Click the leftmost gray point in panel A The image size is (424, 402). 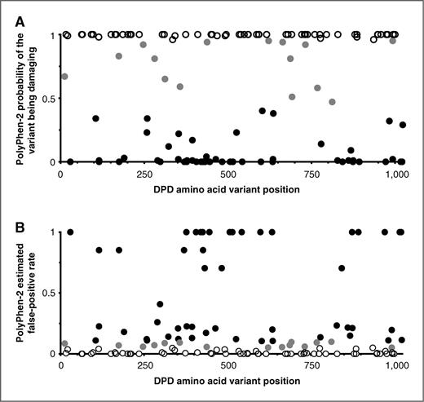64,77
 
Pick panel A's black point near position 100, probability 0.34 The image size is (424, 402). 96,118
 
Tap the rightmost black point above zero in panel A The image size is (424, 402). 403,125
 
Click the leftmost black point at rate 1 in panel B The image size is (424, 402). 70,232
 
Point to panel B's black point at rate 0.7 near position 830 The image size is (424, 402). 342,267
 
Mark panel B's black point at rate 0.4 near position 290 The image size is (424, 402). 160,304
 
